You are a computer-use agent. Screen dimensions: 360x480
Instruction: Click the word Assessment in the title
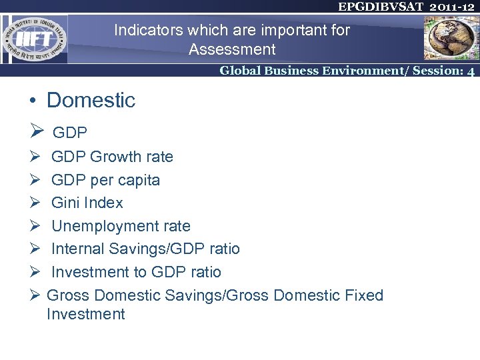(232, 49)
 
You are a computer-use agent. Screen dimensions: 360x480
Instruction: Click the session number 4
(471, 71)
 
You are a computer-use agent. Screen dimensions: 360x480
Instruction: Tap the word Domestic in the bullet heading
(91, 101)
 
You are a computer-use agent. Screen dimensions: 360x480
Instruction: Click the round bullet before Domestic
(32, 101)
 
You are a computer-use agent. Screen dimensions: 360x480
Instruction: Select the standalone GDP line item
(70, 132)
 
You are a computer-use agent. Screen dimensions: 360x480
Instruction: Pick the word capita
(138, 180)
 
